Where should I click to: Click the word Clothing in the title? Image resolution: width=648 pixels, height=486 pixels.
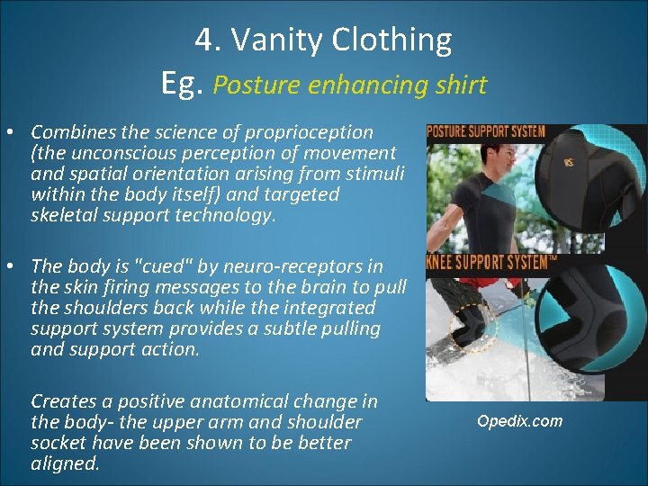(391, 40)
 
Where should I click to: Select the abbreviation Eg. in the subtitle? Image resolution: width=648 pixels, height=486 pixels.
(184, 84)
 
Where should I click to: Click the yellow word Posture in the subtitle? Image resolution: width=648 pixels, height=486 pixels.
(258, 85)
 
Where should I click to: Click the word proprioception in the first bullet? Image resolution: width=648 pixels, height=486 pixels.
(307, 132)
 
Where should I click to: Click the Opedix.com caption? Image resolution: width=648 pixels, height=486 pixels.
(519, 421)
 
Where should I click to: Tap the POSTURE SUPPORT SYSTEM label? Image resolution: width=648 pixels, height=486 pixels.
(486, 131)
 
